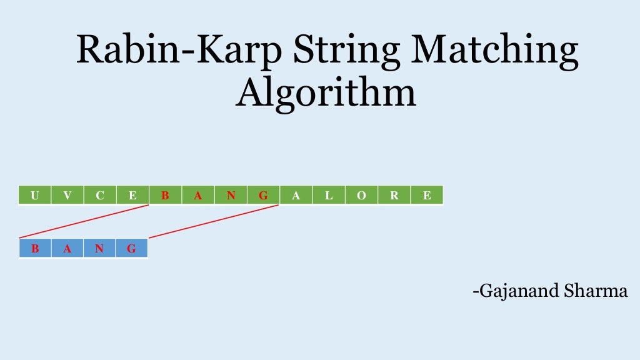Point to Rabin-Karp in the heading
[x=176, y=51]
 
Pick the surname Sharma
[x=597, y=291]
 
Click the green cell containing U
[x=35, y=196]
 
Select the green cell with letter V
[x=67, y=196]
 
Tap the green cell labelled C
[x=100, y=196]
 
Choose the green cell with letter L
[x=329, y=196]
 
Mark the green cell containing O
[x=361, y=196]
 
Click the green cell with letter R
[x=394, y=196]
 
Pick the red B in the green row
[x=165, y=196]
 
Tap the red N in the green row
[x=231, y=196]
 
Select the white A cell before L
[x=296, y=196]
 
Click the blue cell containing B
[x=35, y=249]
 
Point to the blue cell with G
[x=132, y=249]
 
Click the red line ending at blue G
[x=212, y=222]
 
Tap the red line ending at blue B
[x=84, y=221]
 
